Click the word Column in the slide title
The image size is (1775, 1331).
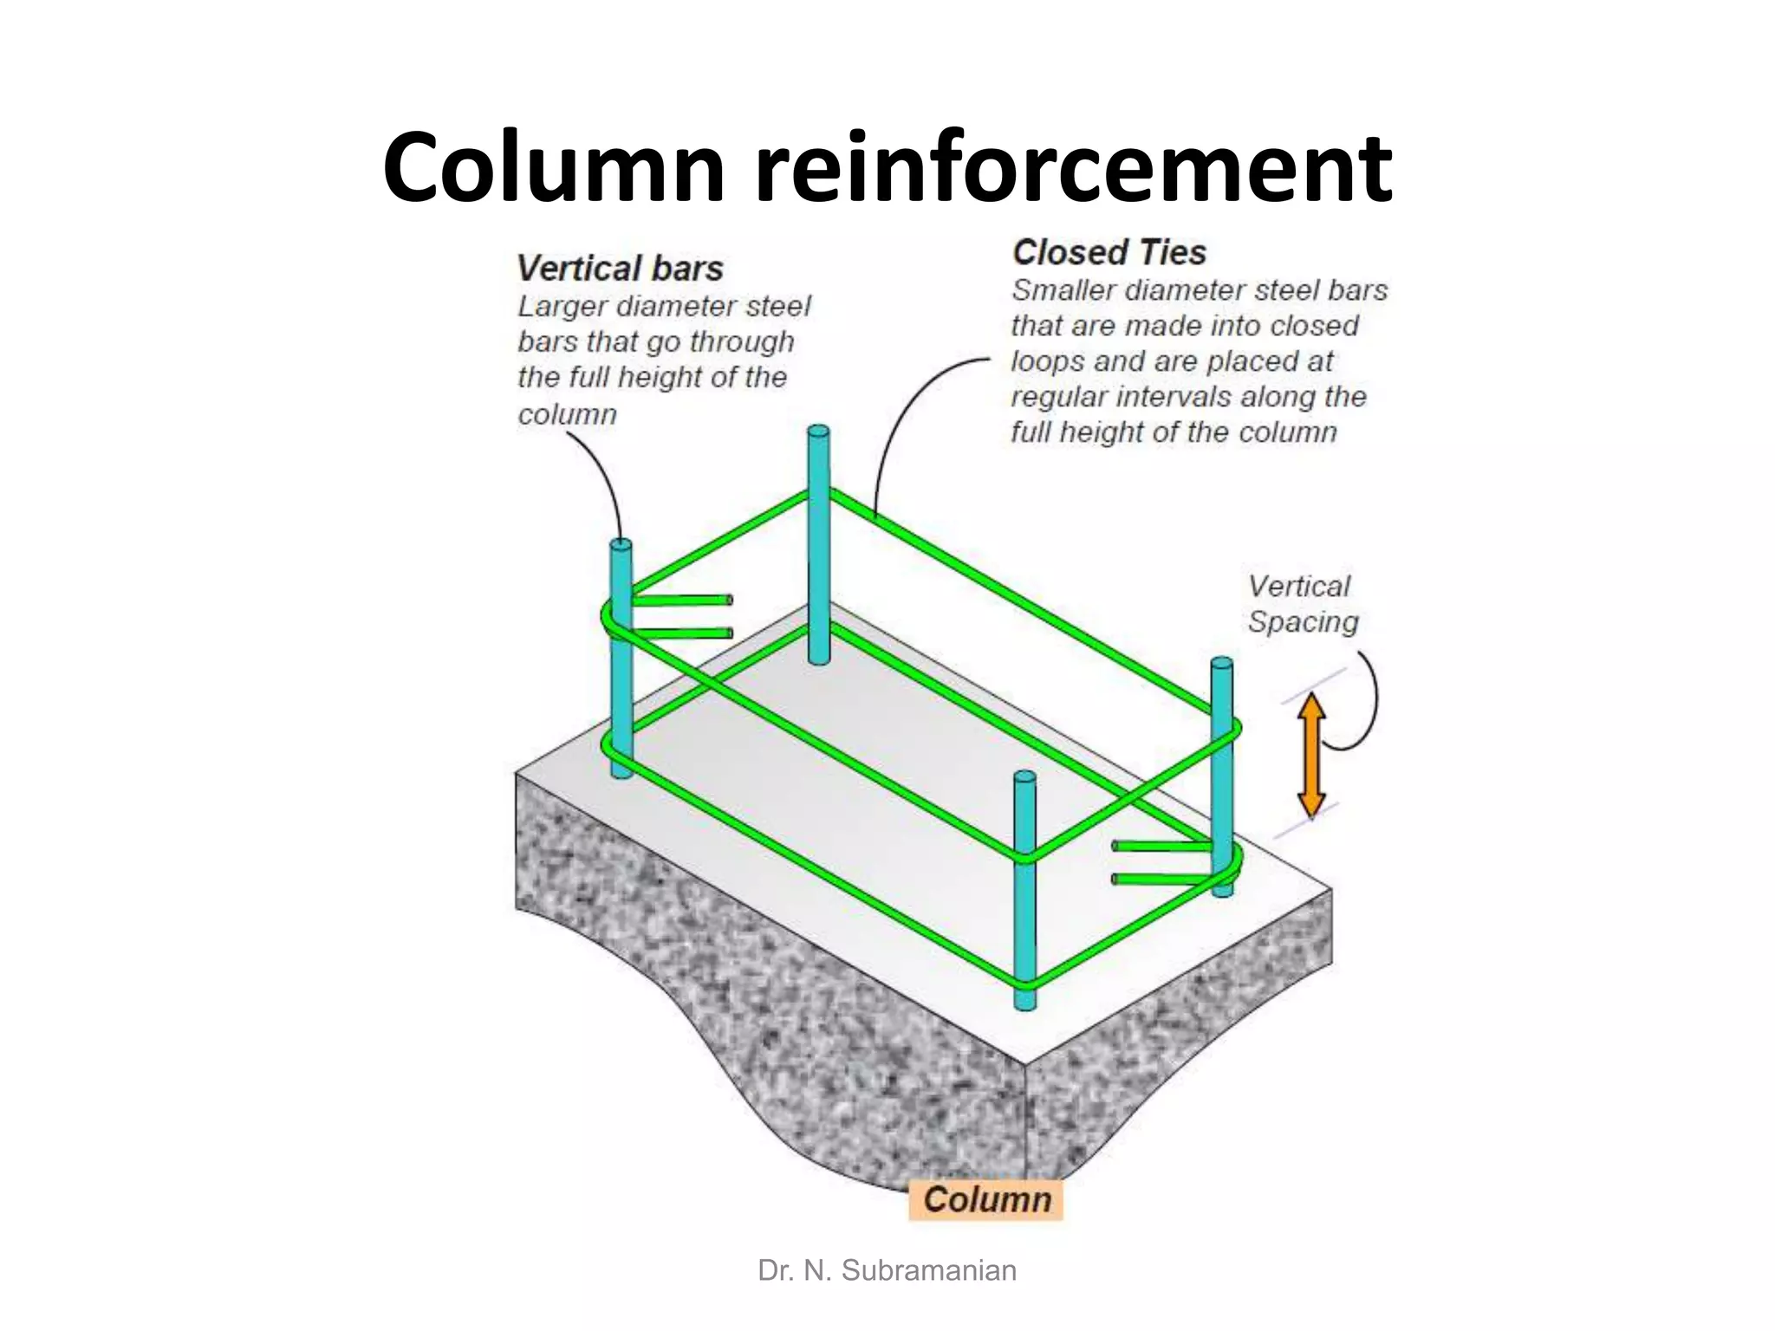553,167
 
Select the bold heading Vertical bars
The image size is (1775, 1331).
620,269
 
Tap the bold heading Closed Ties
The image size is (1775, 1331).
1109,253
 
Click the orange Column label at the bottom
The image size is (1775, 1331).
986,1199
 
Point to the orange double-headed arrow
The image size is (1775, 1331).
1311,755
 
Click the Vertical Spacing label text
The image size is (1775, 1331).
1302,604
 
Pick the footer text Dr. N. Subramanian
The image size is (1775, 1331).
887,1270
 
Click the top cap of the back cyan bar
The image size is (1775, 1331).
818,432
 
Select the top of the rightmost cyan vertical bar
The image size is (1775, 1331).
1221,664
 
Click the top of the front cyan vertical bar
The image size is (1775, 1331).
1024,777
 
